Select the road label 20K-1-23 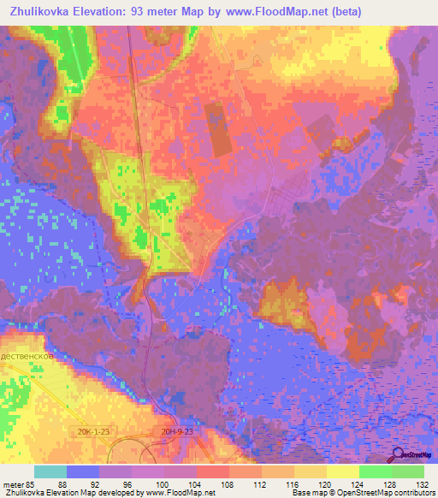[x=91, y=433]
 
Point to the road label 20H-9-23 [x=178, y=433]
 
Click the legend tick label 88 [x=63, y=483]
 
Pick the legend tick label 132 [x=422, y=483]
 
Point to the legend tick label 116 [x=293, y=483]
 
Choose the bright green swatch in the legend [x=375, y=471]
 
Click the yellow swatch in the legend [x=342, y=471]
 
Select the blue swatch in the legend [x=83, y=471]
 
